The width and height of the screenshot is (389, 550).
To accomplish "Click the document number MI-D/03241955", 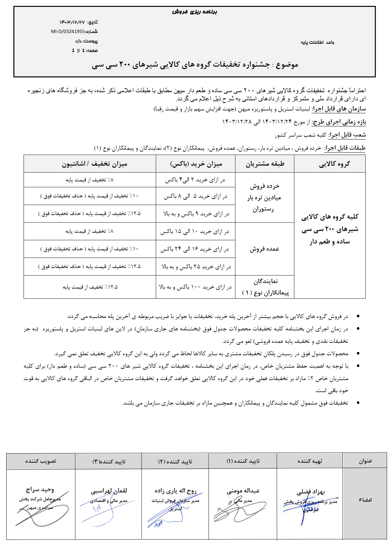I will pyautogui.click(x=68, y=32).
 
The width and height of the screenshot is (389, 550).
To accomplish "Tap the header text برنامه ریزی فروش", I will pyautogui.click(x=194, y=12).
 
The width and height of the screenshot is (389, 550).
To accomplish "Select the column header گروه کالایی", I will pyautogui.click(x=334, y=164).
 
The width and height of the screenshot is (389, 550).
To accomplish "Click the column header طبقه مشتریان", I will pyautogui.click(x=265, y=164).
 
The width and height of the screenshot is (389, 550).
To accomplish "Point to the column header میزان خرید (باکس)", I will pyautogui.click(x=196, y=164).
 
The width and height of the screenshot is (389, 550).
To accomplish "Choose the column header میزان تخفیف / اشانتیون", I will pyautogui.click(x=95, y=164).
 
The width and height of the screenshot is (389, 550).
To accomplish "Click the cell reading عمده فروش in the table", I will pyautogui.click(x=264, y=249).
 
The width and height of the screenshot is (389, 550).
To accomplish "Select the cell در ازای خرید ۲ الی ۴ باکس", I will pyautogui.click(x=195, y=180).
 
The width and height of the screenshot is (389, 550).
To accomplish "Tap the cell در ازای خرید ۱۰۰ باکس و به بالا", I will pyautogui.click(x=195, y=287).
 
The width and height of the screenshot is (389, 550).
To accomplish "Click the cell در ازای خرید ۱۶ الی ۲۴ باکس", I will pyautogui.click(x=195, y=249).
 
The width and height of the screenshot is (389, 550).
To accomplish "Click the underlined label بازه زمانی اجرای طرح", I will pyautogui.click(x=339, y=122).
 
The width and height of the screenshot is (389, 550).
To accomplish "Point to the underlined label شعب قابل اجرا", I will pyautogui.click(x=347, y=135).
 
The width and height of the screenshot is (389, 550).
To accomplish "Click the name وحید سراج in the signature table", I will pyautogui.click(x=40, y=490).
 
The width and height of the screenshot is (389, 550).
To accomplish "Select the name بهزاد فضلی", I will pyautogui.click(x=311, y=492).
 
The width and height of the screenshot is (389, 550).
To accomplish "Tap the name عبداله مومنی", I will pyautogui.click(x=243, y=491).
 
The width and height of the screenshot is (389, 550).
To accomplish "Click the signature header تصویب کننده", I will pyautogui.click(x=41, y=461).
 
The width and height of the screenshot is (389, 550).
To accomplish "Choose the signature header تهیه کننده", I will pyautogui.click(x=310, y=461).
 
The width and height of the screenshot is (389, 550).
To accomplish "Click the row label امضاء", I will pyautogui.click(x=365, y=500).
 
